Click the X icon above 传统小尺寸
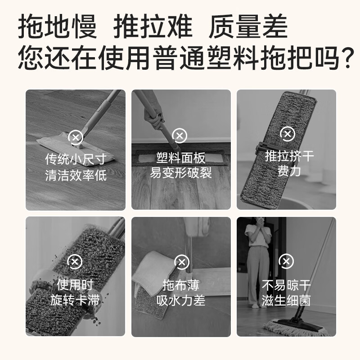pos(75,137)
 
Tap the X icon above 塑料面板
pos(180,135)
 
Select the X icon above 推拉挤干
pos(287,134)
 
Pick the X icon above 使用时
pos(75,262)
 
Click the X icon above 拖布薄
pos(181,262)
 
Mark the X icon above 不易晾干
pos(286,261)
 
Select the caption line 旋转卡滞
pos(76,300)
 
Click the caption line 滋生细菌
pos(287,300)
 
